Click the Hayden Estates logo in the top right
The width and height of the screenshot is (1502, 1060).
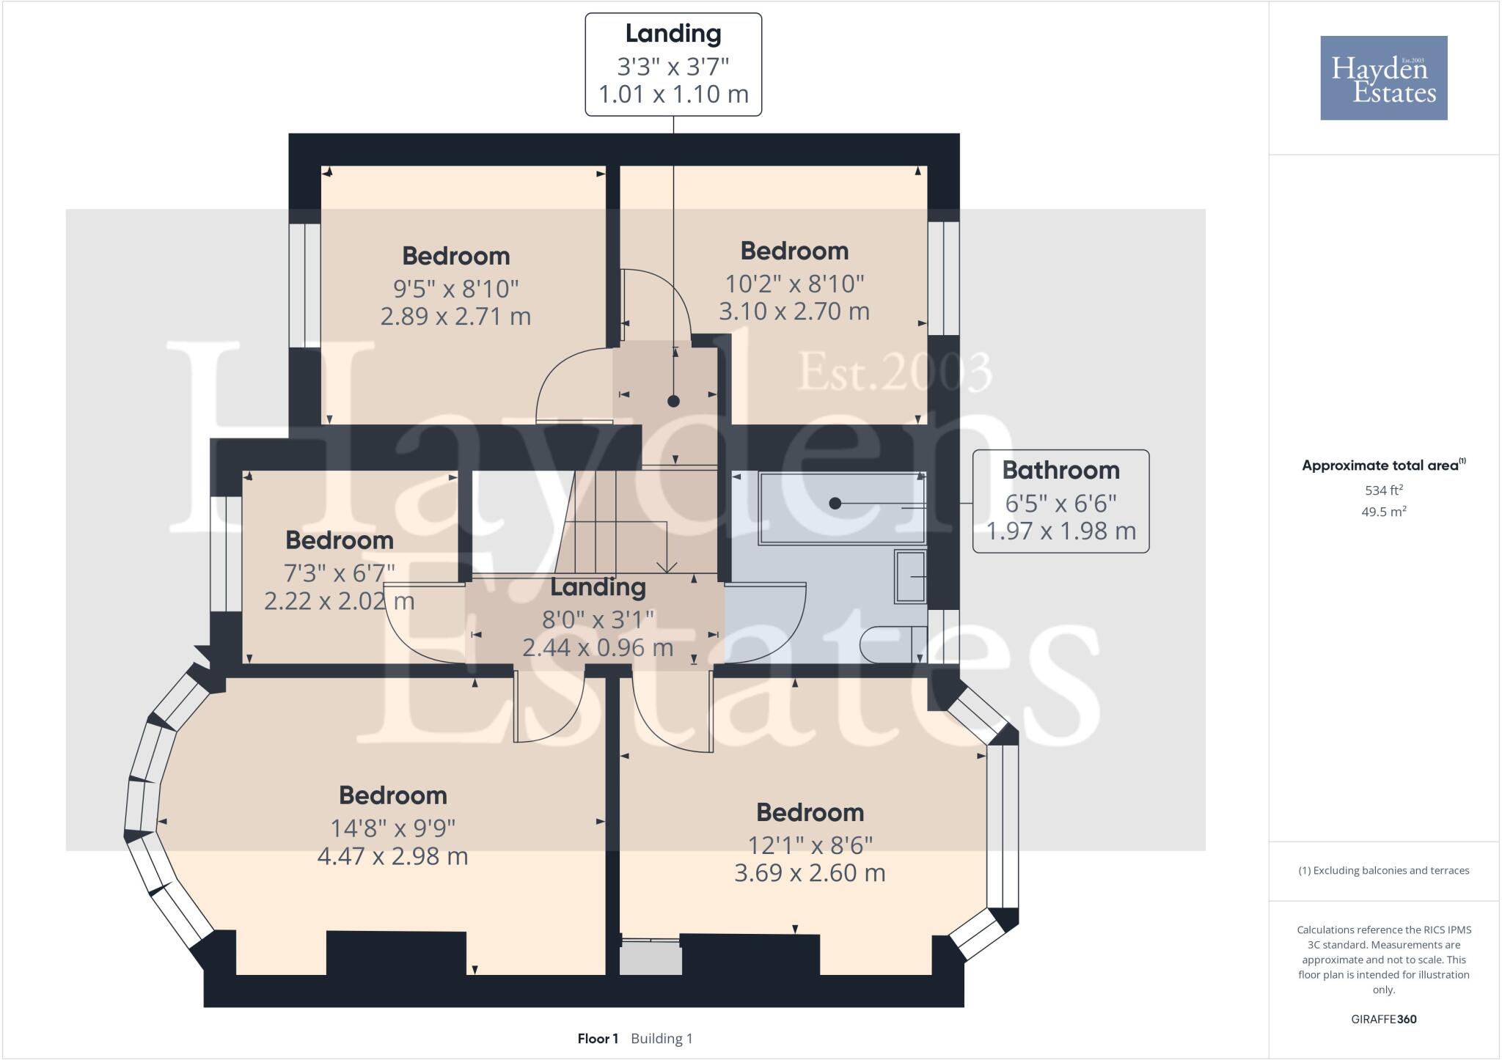click(1383, 78)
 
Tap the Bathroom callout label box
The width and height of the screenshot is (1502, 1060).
click(1060, 501)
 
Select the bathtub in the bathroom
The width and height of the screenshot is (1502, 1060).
click(842, 508)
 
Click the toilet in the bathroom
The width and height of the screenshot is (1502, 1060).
click(888, 645)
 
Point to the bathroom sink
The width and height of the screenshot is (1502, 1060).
click(910, 577)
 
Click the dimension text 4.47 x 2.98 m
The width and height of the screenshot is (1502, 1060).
click(392, 856)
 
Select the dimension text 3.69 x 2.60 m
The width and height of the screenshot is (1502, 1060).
click(810, 873)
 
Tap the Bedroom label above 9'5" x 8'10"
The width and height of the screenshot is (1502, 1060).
click(455, 256)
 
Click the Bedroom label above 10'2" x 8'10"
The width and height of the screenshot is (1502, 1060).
click(794, 251)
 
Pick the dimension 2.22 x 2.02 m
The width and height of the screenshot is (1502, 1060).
click(339, 602)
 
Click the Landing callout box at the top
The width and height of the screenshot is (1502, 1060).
click(673, 65)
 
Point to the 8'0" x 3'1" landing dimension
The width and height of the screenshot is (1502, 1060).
click(597, 620)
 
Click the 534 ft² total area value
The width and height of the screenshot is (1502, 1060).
click(1383, 490)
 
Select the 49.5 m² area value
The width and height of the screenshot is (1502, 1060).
click(1383, 512)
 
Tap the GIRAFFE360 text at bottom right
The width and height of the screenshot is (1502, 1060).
click(1383, 1019)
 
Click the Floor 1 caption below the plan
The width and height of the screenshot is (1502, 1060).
click(598, 1039)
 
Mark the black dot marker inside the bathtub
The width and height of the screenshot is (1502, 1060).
click(835, 504)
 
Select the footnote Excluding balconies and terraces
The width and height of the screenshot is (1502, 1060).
click(1383, 871)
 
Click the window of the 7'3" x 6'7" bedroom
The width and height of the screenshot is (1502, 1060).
click(226, 554)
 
